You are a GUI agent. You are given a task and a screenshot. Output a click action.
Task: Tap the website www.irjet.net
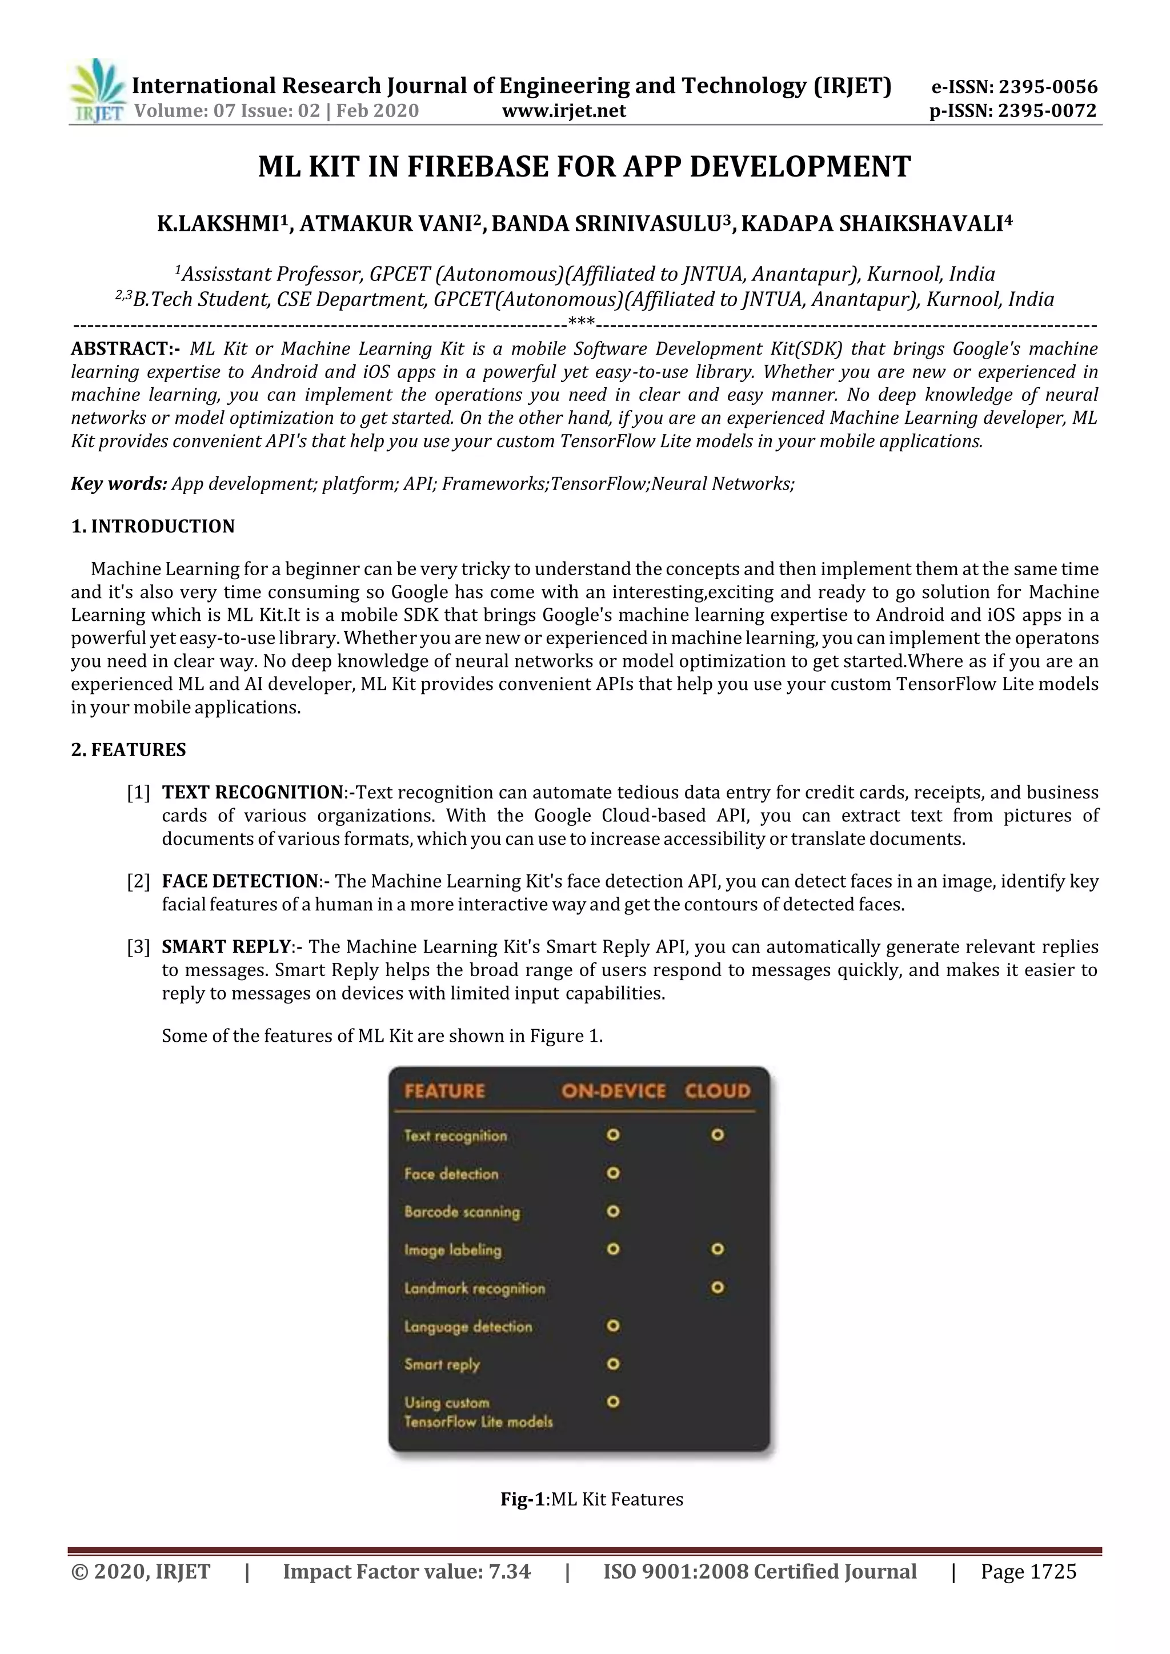point(563,111)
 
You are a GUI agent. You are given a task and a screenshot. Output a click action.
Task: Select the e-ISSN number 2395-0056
point(1048,87)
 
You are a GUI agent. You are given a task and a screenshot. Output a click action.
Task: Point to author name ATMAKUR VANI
point(386,224)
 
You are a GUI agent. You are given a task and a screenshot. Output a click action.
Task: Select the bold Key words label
point(119,483)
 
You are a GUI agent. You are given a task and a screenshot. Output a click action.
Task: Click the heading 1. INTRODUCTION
point(153,526)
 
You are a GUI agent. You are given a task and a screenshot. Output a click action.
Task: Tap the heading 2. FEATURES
point(128,750)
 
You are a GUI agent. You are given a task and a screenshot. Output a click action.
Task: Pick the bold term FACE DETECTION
point(240,881)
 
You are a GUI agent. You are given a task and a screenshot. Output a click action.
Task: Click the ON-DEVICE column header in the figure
point(613,1091)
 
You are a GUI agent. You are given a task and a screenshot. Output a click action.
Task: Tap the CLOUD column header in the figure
point(717,1091)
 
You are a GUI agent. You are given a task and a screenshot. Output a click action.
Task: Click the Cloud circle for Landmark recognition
point(718,1287)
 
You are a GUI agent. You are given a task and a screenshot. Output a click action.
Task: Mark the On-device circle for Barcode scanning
point(613,1211)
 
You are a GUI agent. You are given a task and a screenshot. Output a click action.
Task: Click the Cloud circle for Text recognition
point(718,1135)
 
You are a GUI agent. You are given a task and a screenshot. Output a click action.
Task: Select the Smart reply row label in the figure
point(442,1364)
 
